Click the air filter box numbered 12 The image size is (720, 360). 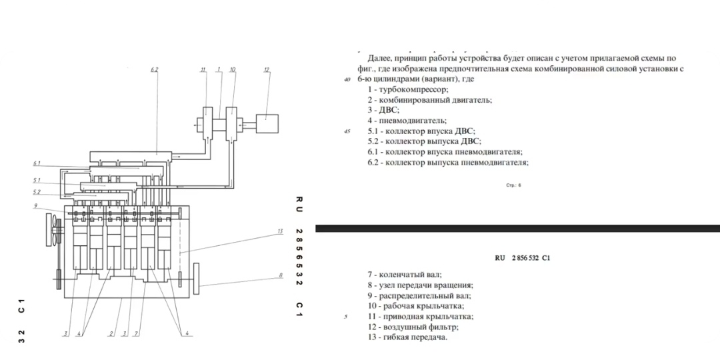267,123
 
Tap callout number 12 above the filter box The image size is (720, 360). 267,70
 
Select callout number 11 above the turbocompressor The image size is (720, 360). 202,70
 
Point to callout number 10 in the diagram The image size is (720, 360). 233,70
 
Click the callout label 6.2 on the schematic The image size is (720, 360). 154,70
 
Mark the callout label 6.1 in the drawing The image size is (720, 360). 37,163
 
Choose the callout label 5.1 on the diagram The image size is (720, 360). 37,179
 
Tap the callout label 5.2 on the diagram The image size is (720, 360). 37,191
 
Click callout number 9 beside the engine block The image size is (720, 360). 35,206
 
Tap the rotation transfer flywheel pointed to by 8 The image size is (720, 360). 197,279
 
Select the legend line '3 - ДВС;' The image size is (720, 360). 383,110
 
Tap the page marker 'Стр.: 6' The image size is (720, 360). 513,185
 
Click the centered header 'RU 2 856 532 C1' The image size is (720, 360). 523,258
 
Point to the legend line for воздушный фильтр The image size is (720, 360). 413,327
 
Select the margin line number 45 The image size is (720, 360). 347,132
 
